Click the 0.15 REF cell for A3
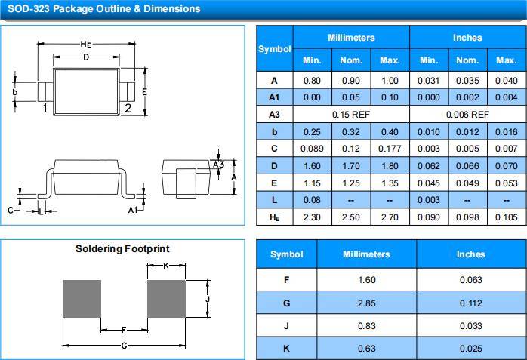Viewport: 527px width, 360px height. click(351, 115)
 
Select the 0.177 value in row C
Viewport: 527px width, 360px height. click(390, 149)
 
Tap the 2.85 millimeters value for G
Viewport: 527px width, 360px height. click(366, 303)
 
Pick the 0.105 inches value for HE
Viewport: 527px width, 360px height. click(506, 217)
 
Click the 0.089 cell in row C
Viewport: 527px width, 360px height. click(312, 149)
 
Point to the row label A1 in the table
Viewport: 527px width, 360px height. click(274, 97)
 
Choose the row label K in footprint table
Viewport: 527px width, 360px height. click(286, 349)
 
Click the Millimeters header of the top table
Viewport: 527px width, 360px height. click(351, 38)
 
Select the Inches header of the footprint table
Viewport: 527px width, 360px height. click(470, 254)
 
